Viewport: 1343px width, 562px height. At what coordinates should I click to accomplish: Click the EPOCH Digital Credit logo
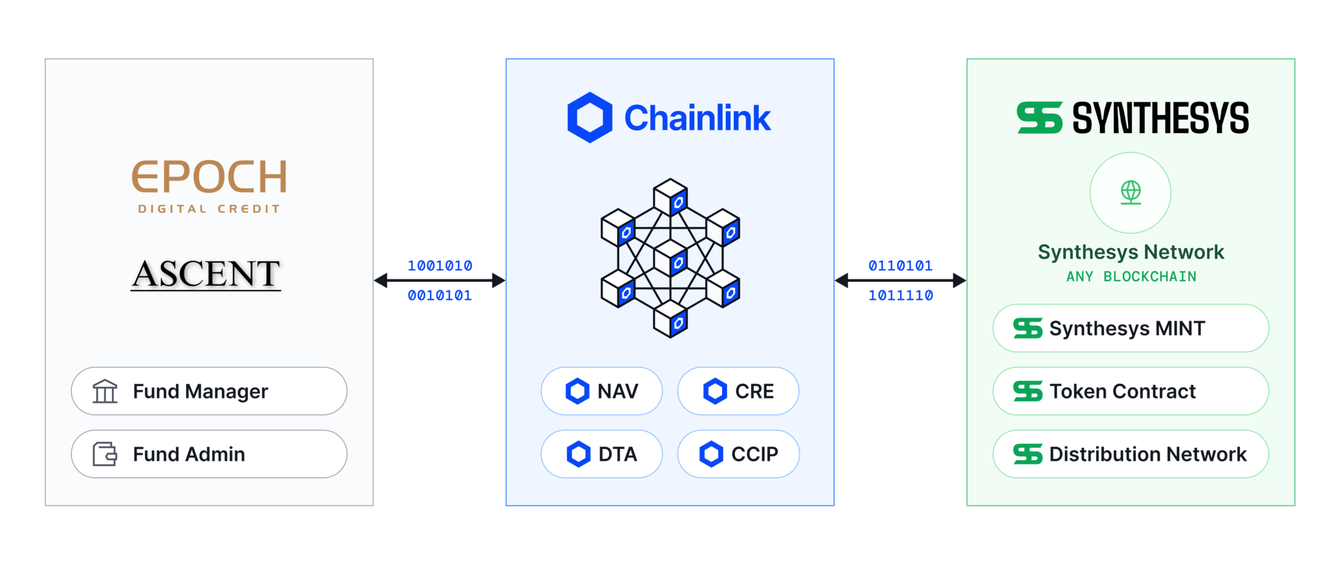click(209, 185)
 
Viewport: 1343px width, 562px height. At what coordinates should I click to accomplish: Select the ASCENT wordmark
click(206, 274)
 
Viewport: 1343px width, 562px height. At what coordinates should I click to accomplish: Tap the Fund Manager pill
click(209, 391)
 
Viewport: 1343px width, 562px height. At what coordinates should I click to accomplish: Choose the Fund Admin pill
click(209, 454)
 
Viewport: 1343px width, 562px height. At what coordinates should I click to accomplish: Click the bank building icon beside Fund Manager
click(105, 391)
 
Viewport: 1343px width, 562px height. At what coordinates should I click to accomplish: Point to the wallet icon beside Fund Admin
click(105, 454)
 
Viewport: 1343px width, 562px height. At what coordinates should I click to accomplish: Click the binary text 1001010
click(440, 266)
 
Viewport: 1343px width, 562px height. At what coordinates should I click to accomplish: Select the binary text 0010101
click(440, 295)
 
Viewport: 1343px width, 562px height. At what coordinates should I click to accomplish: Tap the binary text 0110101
click(901, 266)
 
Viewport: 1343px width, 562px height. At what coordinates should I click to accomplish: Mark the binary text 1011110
click(901, 295)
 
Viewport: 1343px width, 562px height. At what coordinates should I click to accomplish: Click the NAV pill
click(602, 391)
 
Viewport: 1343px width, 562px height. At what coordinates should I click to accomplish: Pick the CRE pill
click(738, 391)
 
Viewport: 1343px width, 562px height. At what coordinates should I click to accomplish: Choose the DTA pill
click(602, 454)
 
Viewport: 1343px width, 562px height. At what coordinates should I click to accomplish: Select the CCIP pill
click(738, 454)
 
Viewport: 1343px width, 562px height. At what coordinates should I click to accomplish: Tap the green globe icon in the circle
click(1131, 192)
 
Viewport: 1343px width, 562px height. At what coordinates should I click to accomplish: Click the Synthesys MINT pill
click(1131, 328)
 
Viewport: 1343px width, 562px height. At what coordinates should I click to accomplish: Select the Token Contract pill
click(1131, 391)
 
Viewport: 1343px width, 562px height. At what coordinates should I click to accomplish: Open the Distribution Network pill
click(1131, 454)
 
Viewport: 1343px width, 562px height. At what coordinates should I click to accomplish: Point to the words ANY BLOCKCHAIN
click(1131, 276)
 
